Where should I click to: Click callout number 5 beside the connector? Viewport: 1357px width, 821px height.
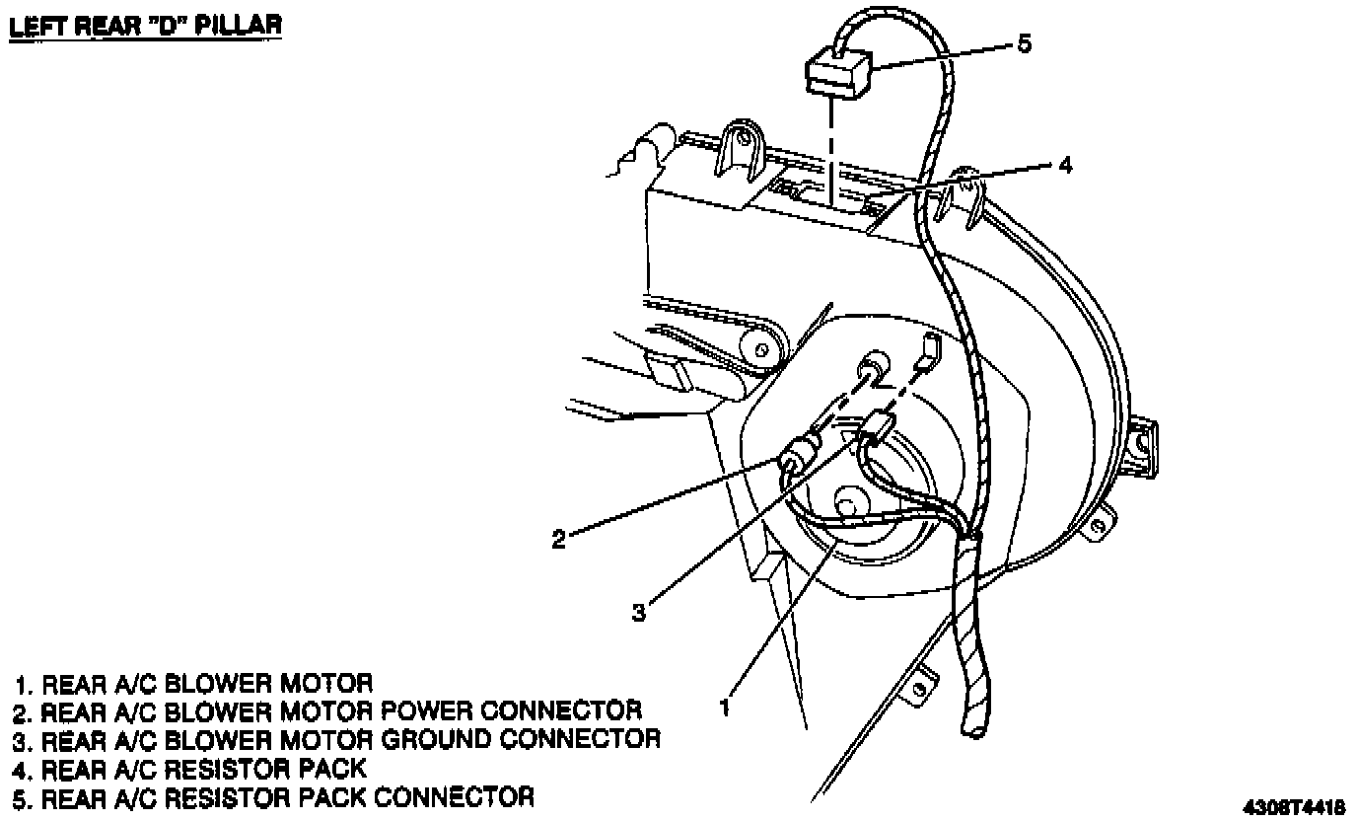click(1024, 44)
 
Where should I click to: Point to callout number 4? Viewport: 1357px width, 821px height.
click(1064, 165)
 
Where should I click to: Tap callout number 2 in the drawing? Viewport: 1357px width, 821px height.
click(558, 539)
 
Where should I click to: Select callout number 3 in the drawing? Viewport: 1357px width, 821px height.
click(639, 612)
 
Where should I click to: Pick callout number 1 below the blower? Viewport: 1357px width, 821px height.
click(726, 707)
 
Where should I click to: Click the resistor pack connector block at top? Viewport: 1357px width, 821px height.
click(838, 73)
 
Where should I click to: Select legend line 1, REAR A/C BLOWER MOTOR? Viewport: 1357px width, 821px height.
click(194, 683)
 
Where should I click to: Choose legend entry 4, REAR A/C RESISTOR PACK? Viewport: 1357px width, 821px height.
click(191, 767)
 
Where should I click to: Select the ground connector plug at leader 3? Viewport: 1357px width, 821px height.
click(876, 430)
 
